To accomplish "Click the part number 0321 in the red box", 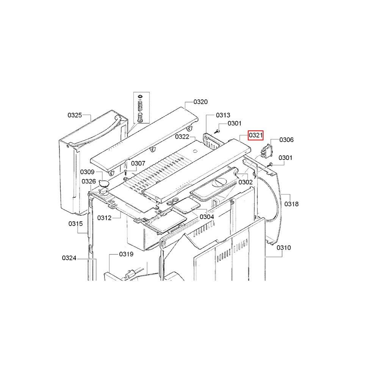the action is coord(256,135).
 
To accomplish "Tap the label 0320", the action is coord(200,102).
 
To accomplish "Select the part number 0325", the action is coord(75,115).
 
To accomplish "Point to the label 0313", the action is coord(223,115).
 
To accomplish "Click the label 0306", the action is coord(287,140).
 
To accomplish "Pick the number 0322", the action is coord(182,137).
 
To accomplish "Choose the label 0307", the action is coord(138,163).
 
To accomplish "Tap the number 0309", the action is coord(87,172).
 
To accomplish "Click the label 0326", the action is coord(89,181).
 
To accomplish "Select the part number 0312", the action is coord(105,218).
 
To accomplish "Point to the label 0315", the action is coord(76,224).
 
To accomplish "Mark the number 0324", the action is coord(69,258).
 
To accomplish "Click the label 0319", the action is coord(126,254).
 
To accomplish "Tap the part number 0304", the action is coord(207,217).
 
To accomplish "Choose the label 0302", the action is coord(246,182).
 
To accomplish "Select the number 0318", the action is coord(291,204).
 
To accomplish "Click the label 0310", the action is coord(284,247).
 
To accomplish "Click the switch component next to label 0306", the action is coord(266,151).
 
